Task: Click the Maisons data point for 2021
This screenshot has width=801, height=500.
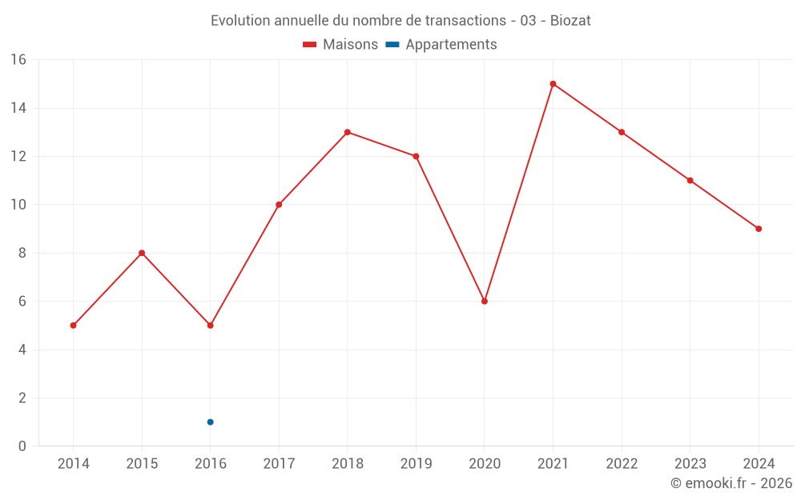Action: click(553, 84)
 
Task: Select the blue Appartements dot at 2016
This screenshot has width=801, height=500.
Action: click(210, 422)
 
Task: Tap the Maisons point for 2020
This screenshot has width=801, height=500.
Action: click(485, 302)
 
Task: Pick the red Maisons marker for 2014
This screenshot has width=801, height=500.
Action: click(73, 326)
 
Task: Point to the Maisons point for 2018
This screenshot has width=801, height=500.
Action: click(347, 132)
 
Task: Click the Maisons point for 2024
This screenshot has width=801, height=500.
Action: click(759, 229)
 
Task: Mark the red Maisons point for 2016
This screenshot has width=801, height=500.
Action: click(210, 326)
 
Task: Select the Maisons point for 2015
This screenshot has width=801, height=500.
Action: click(142, 253)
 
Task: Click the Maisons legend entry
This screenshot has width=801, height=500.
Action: click(340, 45)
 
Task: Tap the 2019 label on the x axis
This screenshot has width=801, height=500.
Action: click(416, 464)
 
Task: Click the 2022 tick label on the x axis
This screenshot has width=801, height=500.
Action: click(622, 464)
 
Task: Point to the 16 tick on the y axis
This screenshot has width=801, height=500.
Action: click(18, 60)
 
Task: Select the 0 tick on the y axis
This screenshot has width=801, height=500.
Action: click(22, 446)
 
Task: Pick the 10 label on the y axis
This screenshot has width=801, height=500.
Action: click(18, 205)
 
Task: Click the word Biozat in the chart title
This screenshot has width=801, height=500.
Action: click(570, 21)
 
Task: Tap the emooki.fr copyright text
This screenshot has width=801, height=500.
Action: click(731, 483)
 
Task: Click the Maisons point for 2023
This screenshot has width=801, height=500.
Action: click(690, 181)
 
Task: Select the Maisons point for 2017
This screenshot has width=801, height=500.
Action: click(279, 205)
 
